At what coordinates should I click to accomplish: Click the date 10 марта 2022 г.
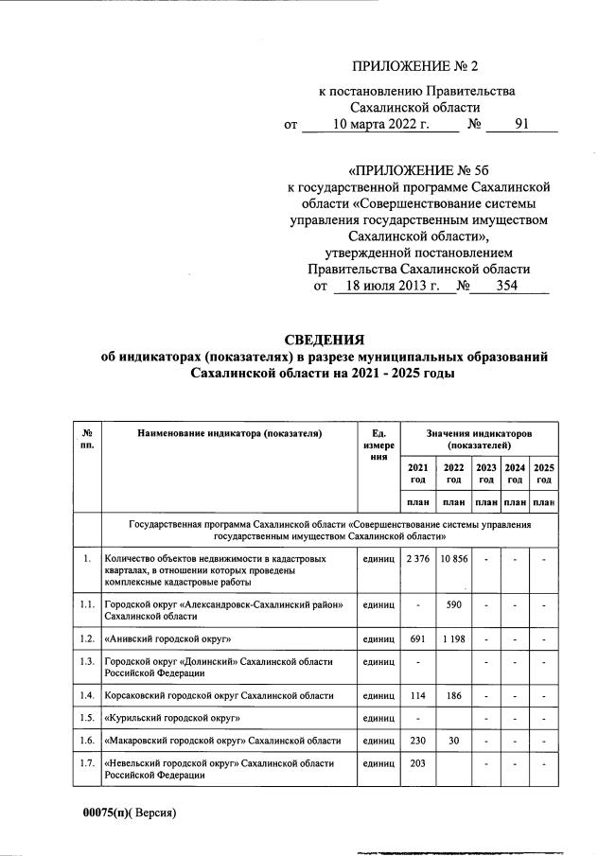[x=382, y=124]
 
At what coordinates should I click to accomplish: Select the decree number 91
[x=521, y=124]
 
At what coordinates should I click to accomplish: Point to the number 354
[x=507, y=286]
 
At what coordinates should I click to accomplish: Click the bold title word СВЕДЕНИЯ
[x=325, y=340]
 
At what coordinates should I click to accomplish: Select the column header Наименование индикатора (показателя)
[x=229, y=433]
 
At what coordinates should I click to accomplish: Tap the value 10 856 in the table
[x=453, y=560]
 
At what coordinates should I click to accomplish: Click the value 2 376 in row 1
[x=416, y=560]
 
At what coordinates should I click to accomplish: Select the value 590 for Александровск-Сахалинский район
[x=453, y=604]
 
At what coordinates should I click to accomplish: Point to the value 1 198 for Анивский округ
[x=453, y=639]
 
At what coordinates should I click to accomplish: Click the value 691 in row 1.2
[x=416, y=639]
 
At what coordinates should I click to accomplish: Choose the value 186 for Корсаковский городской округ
[x=453, y=695]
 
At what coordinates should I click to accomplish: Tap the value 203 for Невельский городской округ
[x=416, y=762]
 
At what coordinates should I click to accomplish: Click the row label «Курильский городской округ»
[x=173, y=718]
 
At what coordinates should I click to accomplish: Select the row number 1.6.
[x=87, y=740]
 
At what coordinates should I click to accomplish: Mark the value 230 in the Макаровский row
[x=416, y=740]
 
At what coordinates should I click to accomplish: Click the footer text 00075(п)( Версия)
[x=128, y=812]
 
